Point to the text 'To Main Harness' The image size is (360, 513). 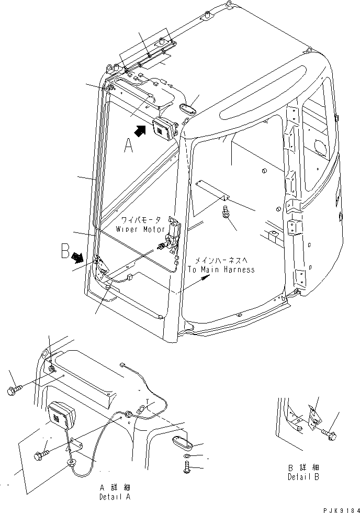pyautogui.click(x=222, y=270)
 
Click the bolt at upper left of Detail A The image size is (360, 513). pyautogui.click(x=14, y=391)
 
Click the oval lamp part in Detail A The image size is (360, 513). pyautogui.click(x=182, y=443)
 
